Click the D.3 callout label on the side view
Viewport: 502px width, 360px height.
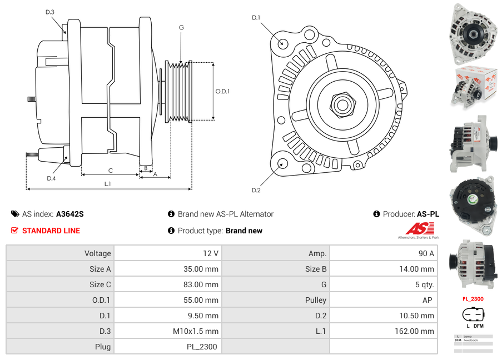pyautogui.click(x=50, y=12)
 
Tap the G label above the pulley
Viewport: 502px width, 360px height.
pyautogui.click(x=181, y=27)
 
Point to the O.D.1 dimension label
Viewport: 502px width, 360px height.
pyautogui.click(x=222, y=92)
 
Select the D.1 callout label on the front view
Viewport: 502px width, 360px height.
pyautogui.click(x=256, y=18)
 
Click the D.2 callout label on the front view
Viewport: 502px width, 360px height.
pyautogui.click(x=256, y=191)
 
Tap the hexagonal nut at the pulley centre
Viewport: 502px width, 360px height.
pyautogui.click(x=340, y=103)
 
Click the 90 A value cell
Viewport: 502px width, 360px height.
pyautogui.click(x=426, y=253)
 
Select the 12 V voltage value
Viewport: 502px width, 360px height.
pyautogui.click(x=210, y=253)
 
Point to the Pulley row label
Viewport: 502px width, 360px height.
pyautogui.click(x=316, y=300)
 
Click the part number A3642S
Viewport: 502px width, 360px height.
pyautogui.click(x=70, y=214)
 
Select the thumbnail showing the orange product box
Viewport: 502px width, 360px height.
pyautogui.click(x=472, y=86)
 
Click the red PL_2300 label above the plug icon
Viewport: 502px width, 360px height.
pyautogui.click(x=473, y=299)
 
